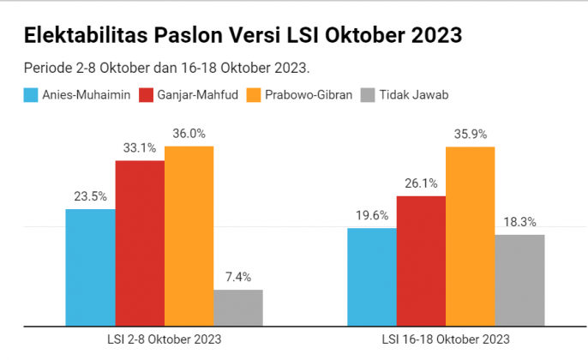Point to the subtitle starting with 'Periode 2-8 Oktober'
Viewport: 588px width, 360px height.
[166, 67]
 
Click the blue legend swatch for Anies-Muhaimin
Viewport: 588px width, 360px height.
[32, 94]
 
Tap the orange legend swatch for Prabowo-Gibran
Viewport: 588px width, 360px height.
[255, 94]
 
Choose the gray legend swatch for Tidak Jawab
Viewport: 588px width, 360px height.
[369, 94]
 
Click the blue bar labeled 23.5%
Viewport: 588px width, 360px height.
[90, 267]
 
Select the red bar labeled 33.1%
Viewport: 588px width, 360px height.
[140, 243]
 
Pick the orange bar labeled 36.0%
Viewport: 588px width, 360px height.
[189, 236]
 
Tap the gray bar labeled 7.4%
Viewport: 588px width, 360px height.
[237, 307]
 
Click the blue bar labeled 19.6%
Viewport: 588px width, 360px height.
[371, 276]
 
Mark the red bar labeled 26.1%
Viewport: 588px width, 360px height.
[421, 261]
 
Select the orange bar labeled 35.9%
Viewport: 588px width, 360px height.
[470, 236]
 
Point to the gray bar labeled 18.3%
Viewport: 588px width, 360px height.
[519, 279]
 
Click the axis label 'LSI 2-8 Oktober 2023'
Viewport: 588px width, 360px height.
[164, 339]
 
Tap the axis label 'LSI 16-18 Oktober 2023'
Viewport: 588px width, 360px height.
[446, 339]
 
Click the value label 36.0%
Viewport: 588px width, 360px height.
[189, 134]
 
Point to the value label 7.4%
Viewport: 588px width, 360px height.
[237, 277]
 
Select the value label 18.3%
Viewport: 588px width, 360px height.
[519, 222]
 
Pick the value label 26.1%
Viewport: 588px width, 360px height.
[421, 183]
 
